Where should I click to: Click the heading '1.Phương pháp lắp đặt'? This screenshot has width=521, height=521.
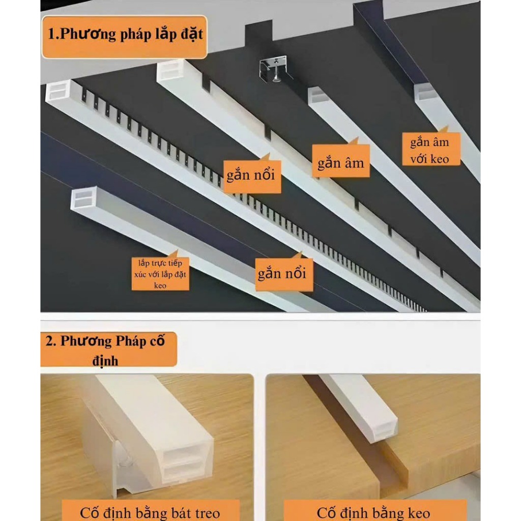point(125,35)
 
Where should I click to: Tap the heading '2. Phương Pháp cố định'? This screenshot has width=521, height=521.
point(105,350)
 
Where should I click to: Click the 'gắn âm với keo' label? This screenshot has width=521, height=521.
point(431,150)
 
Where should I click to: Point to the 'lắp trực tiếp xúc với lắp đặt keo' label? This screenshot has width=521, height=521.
point(160,274)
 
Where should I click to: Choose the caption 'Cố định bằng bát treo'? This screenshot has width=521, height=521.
point(150,513)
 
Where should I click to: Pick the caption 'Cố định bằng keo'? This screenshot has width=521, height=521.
point(373,513)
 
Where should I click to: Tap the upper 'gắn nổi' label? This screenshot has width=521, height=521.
point(252,176)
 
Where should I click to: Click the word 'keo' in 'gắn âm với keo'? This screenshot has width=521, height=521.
point(439,159)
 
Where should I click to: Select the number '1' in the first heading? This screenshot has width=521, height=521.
point(51,34)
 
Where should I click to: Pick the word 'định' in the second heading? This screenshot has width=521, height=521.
point(105,361)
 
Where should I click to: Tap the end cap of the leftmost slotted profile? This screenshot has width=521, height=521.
point(58,91)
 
